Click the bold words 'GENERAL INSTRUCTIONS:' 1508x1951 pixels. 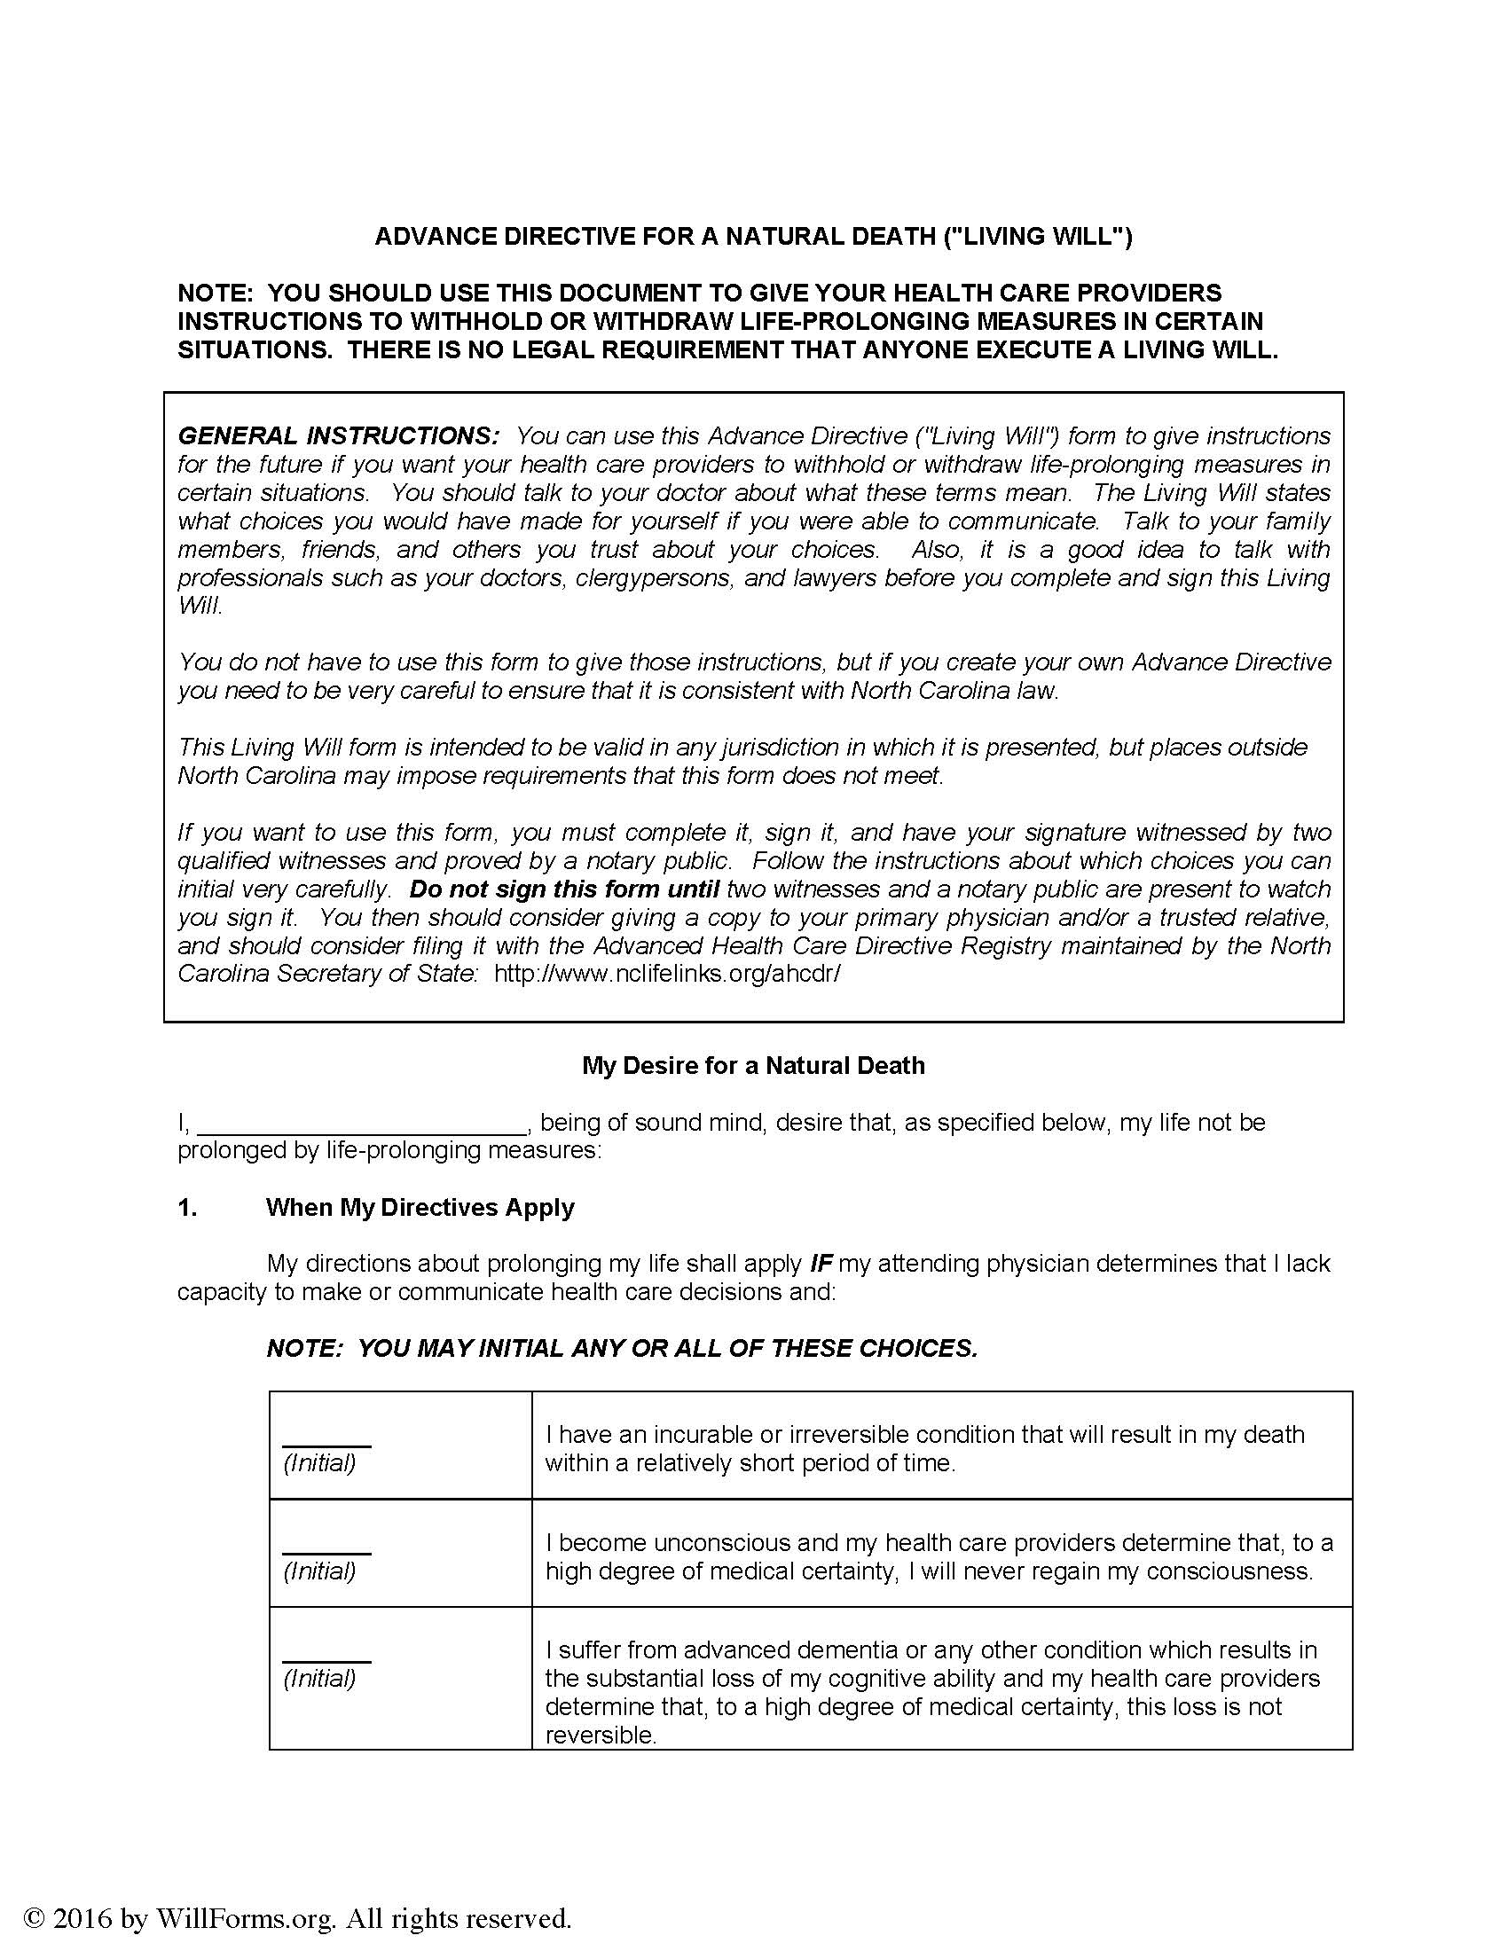tap(339, 436)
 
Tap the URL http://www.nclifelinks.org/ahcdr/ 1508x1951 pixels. tap(666, 974)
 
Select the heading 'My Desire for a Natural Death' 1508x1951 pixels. tap(753, 1066)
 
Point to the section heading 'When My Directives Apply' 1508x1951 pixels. tap(420, 1208)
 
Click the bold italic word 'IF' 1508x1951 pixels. tap(821, 1264)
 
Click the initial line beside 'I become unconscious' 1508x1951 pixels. tap(327, 1547)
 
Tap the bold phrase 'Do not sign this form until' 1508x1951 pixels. tap(563, 889)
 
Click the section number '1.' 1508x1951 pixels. tap(187, 1208)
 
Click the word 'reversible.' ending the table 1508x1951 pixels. tap(601, 1736)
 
